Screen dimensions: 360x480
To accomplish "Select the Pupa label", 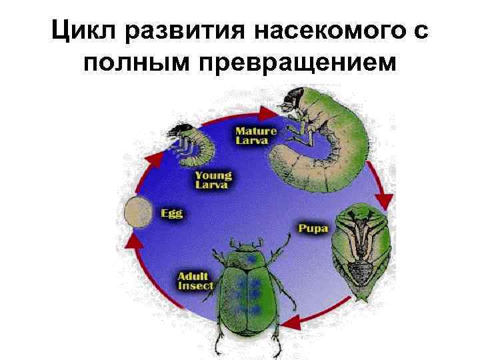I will (x=313, y=229).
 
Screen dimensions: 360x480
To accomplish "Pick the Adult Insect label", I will (x=195, y=281).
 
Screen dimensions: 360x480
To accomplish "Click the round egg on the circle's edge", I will (x=138, y=212).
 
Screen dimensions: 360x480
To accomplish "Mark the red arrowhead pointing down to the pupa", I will (x=383, y=198).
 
